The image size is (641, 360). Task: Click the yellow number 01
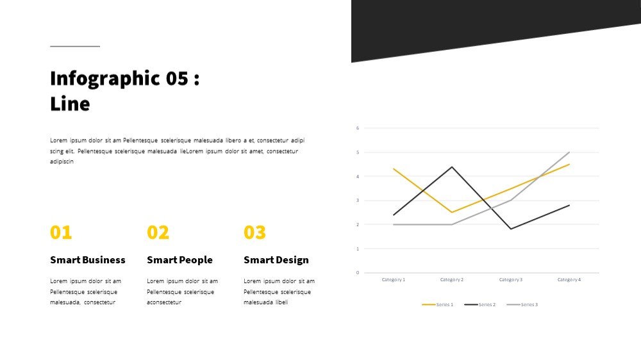(61, 233)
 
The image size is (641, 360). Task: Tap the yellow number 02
(158, 233)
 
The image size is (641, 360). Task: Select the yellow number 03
(254, 233)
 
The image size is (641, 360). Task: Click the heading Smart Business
(87, 260)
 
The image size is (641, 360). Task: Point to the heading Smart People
(179, 260)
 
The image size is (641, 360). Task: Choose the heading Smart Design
(276, 260)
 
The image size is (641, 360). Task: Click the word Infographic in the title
(104, 78)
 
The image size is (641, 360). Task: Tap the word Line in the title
(70, 104)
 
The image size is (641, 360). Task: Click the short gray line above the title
(75, 46)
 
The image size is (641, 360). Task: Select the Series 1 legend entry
(437, 304)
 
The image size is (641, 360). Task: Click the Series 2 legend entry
(480, 304)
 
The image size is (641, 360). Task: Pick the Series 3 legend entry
(522, 304)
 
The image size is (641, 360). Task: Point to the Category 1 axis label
(394, 279)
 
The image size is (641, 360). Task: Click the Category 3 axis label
(511, 279)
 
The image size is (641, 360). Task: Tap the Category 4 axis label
(569, 279)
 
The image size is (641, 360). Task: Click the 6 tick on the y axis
(358, 128)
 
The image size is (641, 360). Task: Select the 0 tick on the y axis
(358, 272)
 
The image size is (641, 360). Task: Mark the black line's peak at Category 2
(452, 167)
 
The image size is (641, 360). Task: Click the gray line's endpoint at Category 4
(569, 152)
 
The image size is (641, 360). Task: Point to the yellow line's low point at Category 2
(452, 212)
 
